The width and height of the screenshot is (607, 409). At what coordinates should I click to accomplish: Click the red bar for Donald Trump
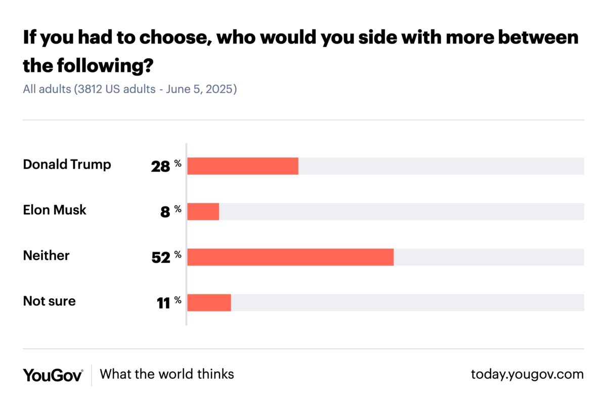243,166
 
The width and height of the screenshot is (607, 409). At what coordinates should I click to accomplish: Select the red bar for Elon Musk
203,212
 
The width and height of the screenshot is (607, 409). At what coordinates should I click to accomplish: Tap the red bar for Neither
290,257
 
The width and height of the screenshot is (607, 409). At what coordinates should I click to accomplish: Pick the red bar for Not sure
209,303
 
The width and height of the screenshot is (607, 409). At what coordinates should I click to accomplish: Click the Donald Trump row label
67,165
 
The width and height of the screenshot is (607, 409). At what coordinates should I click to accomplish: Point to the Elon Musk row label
55,210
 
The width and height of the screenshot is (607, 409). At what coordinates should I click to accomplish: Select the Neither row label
46,256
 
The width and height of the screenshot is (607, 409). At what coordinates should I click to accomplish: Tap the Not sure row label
49,301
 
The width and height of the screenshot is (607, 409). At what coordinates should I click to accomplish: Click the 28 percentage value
161,167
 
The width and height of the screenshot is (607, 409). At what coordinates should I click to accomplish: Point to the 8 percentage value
165,212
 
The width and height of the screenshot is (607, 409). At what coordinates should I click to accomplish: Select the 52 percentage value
161,258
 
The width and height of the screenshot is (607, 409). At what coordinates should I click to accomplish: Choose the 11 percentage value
163,303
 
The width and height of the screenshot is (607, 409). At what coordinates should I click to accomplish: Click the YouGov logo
53,375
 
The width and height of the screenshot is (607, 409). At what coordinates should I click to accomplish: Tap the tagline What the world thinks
167,374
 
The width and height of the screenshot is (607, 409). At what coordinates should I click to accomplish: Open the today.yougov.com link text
527,375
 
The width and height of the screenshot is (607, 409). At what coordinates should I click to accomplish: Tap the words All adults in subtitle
47,90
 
